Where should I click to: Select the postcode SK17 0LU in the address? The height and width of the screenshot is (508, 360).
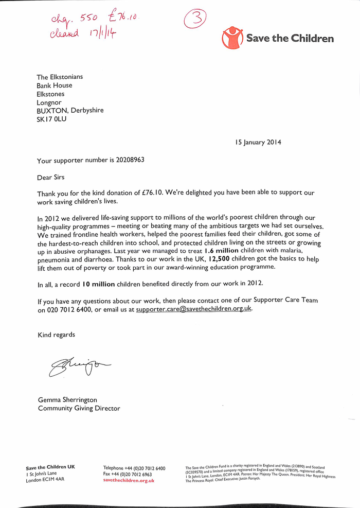point(51,119)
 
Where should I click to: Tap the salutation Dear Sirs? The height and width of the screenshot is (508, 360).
point(51,177)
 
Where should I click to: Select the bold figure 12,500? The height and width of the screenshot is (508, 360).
point(222,259)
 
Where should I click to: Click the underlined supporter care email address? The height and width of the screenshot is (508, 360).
point(194,310)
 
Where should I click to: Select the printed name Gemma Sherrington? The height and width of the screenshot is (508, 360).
point(67,399)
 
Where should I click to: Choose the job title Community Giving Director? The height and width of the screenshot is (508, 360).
point(79,408)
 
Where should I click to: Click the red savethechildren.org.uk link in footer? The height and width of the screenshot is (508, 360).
point(129,480)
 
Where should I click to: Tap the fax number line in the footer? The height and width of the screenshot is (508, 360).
point(128,474)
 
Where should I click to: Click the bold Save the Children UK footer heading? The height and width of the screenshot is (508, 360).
point(50,467)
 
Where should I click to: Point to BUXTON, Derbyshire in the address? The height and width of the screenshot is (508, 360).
point(70,111)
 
